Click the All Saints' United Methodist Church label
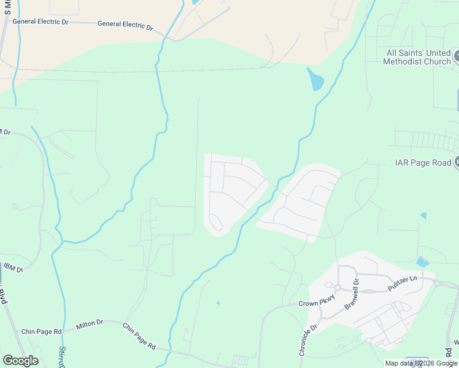click(417, 57)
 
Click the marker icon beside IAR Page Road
click(457, 163)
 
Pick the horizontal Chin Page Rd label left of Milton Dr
click(41, 332)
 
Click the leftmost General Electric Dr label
click(40, 21)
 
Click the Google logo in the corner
click(20, 360)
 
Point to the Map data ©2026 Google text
click(421, 363)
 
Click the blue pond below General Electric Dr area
click(315, 79)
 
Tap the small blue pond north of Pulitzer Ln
click(422, 262)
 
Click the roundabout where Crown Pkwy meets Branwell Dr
click(337, 288)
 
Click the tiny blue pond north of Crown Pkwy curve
click(218, 302)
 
